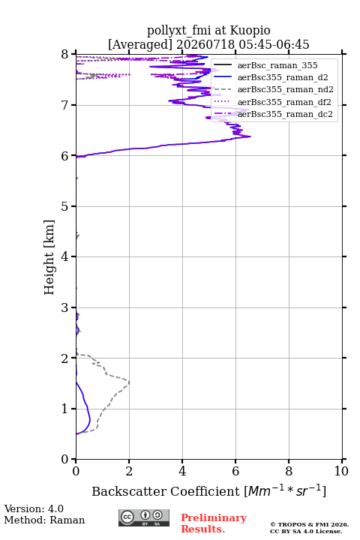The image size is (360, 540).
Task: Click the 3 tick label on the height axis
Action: (65, 307)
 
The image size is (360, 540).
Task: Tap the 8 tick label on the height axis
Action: (65, 55)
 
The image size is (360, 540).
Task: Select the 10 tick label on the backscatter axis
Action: (341, 471)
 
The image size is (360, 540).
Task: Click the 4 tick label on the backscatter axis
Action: (182, 471)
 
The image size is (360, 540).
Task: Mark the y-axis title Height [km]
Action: (49, 257)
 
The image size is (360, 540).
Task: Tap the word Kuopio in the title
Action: (250, 30)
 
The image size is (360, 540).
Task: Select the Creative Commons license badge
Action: (144, 517)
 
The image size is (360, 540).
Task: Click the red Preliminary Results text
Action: (214, 523)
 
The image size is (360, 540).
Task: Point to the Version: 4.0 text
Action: (34, 508)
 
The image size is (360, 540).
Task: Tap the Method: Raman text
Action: (44, 520)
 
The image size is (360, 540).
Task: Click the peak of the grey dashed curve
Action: (130, 382)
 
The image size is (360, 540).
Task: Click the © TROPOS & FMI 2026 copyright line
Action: (310, 524)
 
